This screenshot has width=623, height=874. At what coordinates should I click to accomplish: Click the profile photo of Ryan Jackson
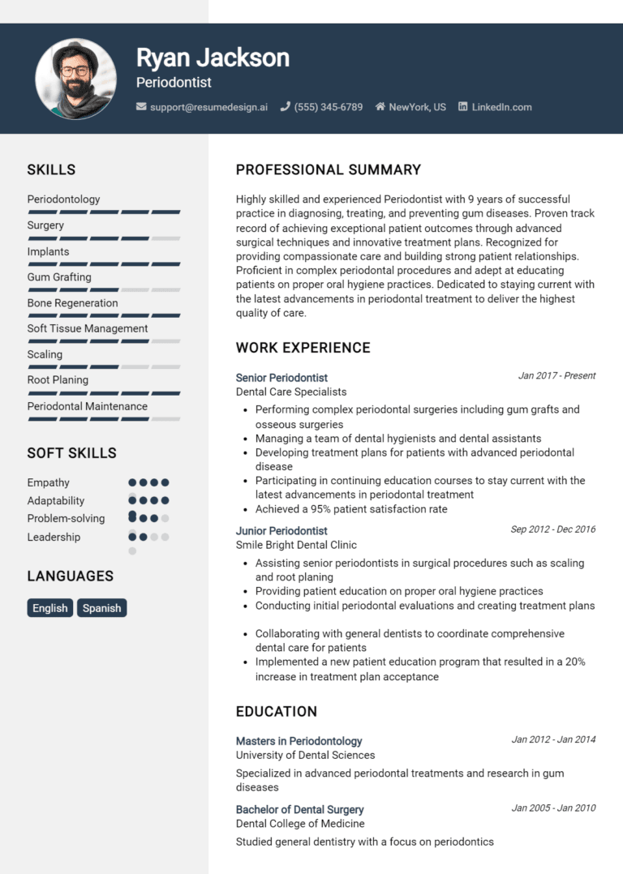coord(75,79)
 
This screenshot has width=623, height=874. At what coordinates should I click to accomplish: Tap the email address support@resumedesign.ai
coord(208,107)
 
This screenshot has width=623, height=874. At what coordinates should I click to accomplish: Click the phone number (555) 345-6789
coord(328,107)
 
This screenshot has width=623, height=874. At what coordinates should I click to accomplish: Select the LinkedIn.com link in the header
coord(501,107)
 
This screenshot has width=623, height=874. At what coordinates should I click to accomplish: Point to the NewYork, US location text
coord(417,107)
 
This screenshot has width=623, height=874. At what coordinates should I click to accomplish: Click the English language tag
coord(50,608)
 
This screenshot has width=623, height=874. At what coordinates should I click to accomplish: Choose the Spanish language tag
coord(102,608)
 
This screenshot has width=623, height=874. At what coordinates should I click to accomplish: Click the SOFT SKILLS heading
coord(71,453)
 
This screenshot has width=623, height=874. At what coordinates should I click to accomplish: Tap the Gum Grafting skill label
coord(59,277)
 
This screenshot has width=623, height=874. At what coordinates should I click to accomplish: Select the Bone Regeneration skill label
coord(72,303)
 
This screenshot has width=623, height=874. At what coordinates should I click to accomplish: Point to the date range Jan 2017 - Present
coord(556,376)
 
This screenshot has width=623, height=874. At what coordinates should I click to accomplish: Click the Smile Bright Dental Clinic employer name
coord(296,545)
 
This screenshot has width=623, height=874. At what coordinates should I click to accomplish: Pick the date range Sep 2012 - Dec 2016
coord(552,529)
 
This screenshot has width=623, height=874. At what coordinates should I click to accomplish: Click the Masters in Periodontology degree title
coord(299,741)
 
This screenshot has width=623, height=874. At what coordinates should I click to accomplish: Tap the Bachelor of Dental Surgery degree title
coord(299,810)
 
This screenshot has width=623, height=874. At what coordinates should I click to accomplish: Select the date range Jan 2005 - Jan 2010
coord(553,808)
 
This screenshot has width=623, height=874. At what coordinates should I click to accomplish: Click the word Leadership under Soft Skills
coord(54,537)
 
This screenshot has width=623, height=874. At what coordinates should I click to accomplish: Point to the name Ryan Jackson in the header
coord(213,58)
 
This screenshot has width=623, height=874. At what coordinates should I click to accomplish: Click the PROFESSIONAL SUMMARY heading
coord(328,170)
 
